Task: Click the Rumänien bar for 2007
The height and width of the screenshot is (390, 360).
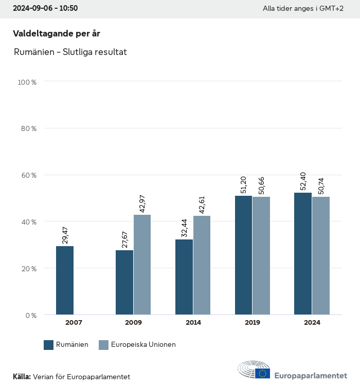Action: click(65, 280)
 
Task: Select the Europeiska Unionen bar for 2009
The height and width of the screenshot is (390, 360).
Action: click(142, 265)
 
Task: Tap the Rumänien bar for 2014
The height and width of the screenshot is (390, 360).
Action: click(184, 277)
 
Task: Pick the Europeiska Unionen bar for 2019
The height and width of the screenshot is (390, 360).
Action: click(261, 255)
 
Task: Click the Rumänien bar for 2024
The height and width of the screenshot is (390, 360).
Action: click(303, 253)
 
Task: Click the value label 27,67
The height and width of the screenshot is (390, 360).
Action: click(124, 239)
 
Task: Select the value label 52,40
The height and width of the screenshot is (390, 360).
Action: click(303, 182)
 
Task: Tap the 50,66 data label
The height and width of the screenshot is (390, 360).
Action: click(261, 186)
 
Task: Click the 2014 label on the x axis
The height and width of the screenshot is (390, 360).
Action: click(193, 323)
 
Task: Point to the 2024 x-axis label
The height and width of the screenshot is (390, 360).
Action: click(312, 323)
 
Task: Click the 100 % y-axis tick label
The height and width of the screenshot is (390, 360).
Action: click(27, 82)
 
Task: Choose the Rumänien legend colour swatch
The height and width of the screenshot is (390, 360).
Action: click(49, 345)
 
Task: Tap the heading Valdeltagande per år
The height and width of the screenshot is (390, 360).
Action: click(56, 33)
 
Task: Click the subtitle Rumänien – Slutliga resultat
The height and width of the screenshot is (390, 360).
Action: click(70, 52)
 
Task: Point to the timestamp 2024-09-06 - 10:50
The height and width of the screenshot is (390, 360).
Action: click(45, 9)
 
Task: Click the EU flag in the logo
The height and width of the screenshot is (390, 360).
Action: click(263, 374)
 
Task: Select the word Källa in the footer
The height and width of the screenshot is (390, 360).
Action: click(22, 377)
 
